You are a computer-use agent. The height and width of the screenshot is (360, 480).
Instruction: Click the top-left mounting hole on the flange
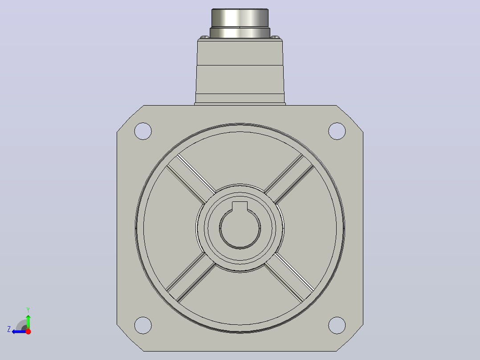(143, 131)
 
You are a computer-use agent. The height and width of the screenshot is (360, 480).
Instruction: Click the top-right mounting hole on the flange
(337, 131)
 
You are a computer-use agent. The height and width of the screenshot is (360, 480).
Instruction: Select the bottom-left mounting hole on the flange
(143, 325)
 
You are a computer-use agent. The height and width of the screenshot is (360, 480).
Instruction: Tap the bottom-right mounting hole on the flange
(337, 325)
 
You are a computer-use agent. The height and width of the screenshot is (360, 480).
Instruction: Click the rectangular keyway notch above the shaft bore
(240, 206)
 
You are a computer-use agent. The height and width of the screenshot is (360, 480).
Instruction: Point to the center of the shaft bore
(240, 228)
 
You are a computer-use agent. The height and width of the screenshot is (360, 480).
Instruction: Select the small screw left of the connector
(204, 37)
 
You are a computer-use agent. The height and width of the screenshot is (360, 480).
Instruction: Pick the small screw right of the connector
(276, 37)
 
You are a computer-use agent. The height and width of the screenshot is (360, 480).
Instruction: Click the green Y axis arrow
(28, 322)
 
